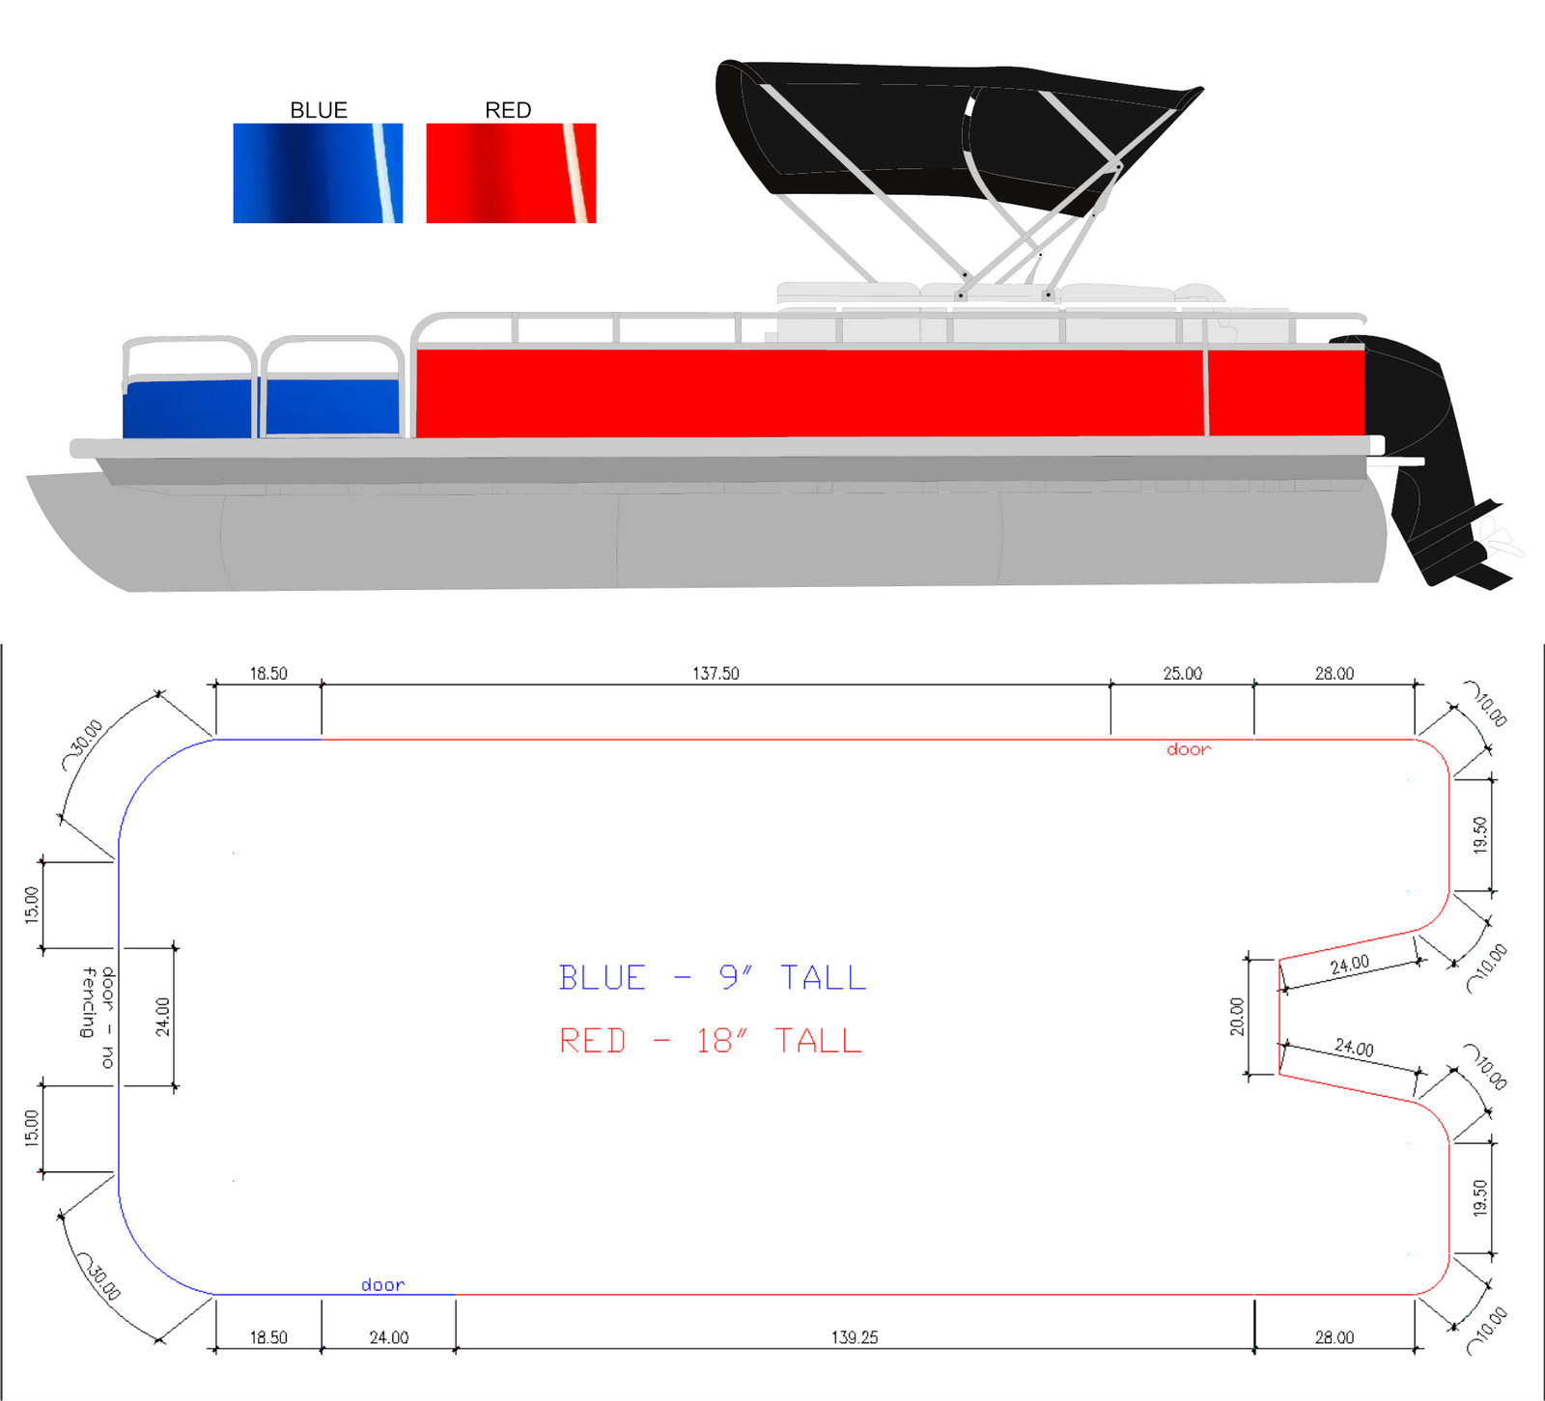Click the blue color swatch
point(317,174)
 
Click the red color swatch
point(510,174)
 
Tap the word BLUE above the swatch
point(319,110)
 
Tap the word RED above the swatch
point(508,110)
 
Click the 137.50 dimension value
point(716,674)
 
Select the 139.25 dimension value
point(855,1337)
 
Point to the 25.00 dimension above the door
point(1182,674)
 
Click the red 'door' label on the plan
point(1188,749)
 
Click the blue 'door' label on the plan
point(382,1285)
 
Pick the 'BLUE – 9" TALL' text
point(713,978)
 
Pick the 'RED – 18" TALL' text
point(711,1041)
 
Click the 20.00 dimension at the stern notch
point(1237,1017)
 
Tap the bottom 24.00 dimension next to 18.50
point(388,1337)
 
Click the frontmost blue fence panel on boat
point(188,409)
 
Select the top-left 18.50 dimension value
point(268,674)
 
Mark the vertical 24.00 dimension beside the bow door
point(163,1017)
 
